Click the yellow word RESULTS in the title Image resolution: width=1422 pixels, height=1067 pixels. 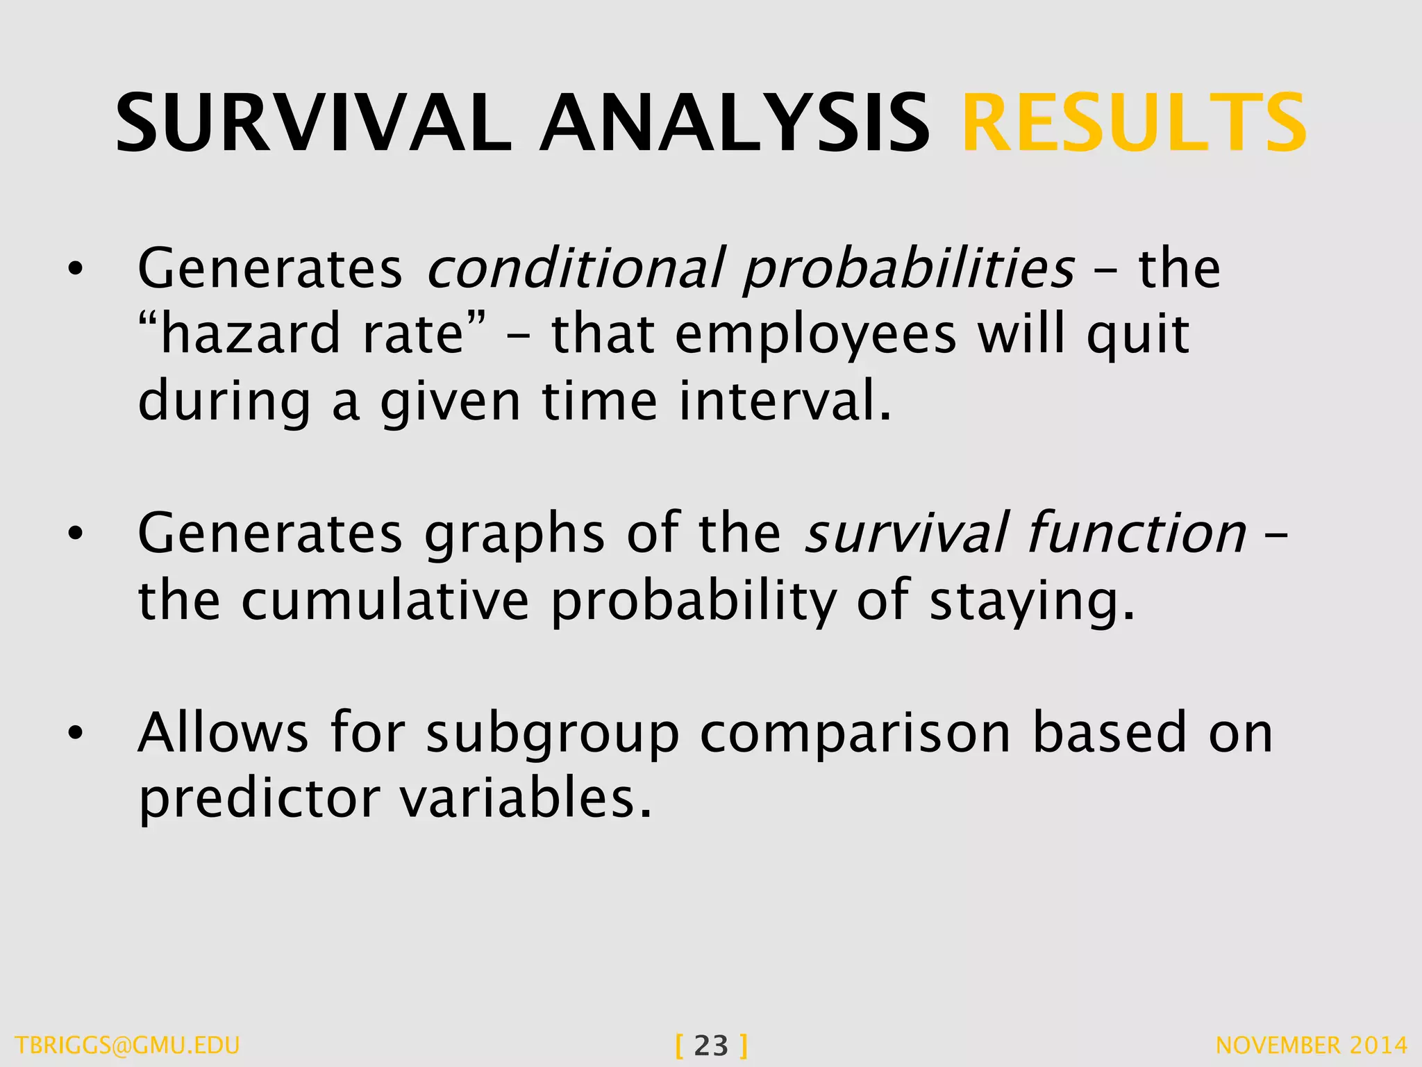pyautogui.click(x=1134, y=124)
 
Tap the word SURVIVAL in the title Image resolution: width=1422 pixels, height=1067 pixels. pyautogui.click(x=313, y=124)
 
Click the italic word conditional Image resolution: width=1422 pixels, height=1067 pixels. pyautogui.click(x=576, y=268)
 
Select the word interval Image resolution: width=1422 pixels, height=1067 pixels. pyautogui.click(x=785, y=402)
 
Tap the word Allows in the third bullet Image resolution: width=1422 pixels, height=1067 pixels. pyautogui.click(x=223, y=733)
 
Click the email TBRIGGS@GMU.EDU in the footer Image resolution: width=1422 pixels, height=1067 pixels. pyautogui.click(x=127, y=1045)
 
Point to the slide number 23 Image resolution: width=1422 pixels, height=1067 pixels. pyautogui.click(x=711, y=1045)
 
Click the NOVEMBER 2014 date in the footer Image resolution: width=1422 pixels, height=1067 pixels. pyautogui.click(x=1312, y=1045)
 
